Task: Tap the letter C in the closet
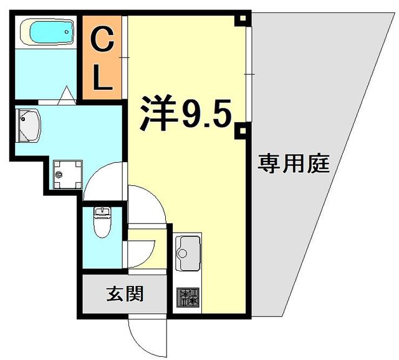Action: click(103, 42)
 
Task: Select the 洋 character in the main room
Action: click(156, 113)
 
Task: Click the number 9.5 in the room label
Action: click(206, 114)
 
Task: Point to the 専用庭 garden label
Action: click(294, 164)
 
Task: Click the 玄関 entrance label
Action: click(125, 292)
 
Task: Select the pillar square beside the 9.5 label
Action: click(239, 131)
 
